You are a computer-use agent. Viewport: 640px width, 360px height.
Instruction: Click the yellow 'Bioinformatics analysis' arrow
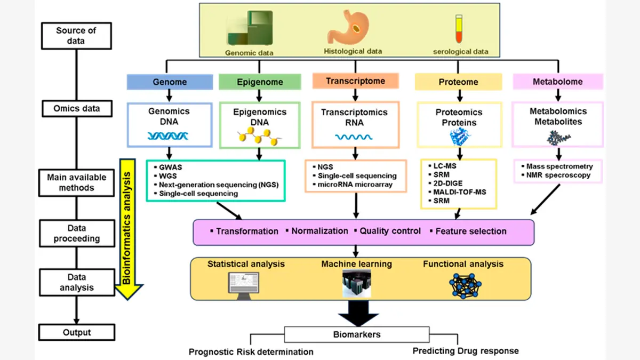pyautogui.click(x=130, y=224)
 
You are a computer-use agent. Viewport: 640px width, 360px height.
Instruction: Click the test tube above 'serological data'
pyautogui.click(x=458, y=29)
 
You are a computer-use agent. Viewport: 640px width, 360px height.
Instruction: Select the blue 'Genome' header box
pyautogui.click(x=170, y=82)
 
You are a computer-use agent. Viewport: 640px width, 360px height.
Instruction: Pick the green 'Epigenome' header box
pyautogui.click(x=259, y=82)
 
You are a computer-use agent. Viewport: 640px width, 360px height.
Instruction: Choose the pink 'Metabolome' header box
pyautogui.click(x=557, y=82)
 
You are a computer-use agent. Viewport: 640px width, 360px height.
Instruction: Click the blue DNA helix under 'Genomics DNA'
pyautogui.click(x=169, y=135)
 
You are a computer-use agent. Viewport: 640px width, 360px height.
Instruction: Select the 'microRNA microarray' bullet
pyautogui.click(x=355, y=185)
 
